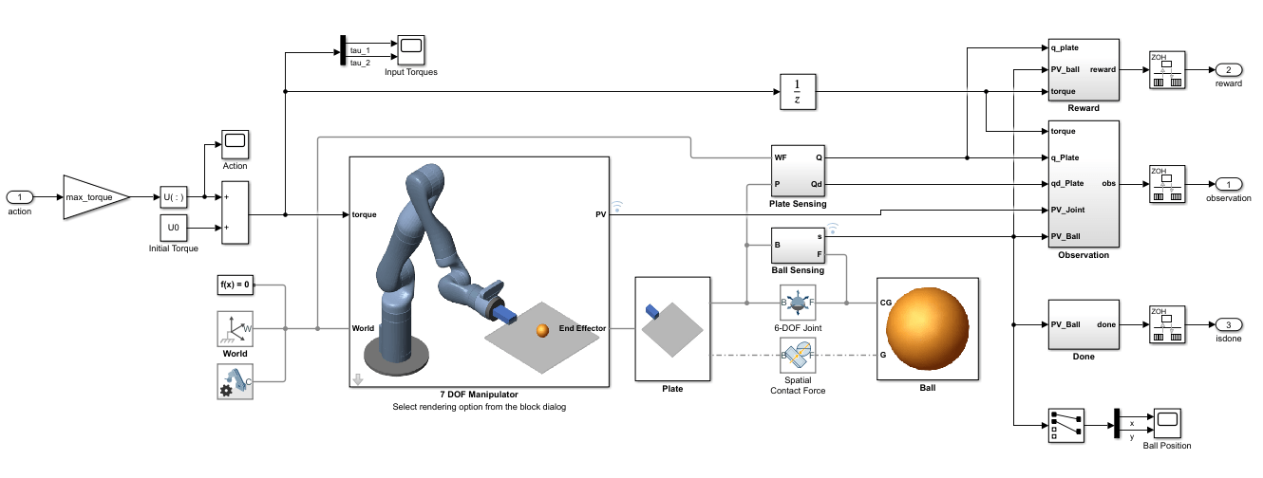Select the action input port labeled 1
point(20,197)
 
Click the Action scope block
point(235,145)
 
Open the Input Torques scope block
point(410,50)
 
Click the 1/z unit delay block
point(798,92)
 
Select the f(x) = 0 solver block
point(235,285)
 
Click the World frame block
point(235,329)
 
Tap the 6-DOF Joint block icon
point(797,303)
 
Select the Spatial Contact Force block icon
point(797,357)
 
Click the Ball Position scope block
point(1166,424)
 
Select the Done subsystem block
point(1083,324)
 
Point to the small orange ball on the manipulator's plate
point(542,330)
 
